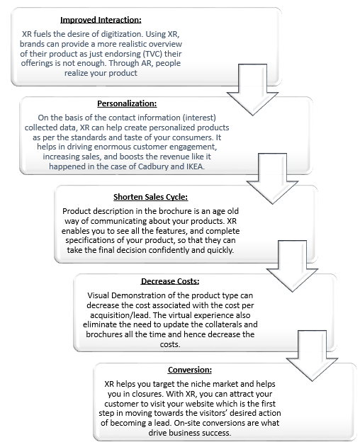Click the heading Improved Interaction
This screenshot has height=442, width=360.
(101, 20)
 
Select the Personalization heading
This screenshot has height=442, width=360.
(127, 103)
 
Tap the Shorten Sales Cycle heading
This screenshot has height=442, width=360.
(150, 197)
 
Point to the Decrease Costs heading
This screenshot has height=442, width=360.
(170, 281)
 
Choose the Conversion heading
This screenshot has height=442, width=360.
(190, 370)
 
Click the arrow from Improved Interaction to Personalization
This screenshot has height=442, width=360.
(252, 90)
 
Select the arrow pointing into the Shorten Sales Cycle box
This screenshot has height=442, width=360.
(272, 178)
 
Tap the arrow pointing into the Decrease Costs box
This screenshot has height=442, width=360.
(293, 266)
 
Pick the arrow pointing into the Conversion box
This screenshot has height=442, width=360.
(312, 356)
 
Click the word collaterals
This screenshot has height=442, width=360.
(223, 324)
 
